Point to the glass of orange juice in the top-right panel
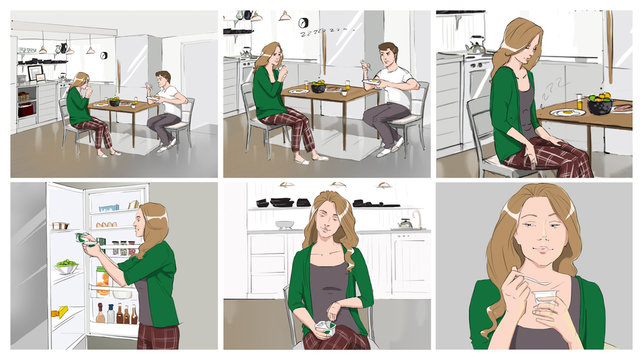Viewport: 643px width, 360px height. click(578, 101)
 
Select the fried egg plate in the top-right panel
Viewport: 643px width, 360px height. click(568, 113)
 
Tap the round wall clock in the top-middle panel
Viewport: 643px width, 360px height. click(285, 16)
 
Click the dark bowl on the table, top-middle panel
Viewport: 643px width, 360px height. click(318, 87)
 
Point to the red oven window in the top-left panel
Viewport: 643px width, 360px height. click(27, 102)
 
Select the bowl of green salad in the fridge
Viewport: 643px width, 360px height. click(66, 267)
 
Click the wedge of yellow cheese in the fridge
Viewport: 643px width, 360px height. click(63, 312)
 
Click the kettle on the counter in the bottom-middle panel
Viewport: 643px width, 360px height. click(405, 222)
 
